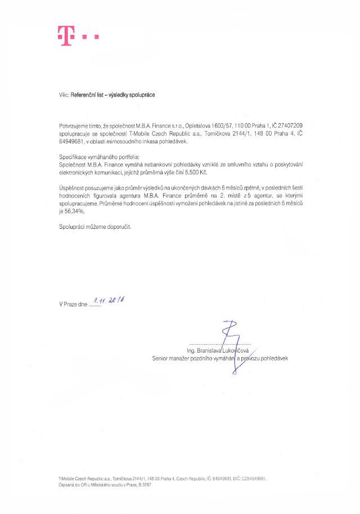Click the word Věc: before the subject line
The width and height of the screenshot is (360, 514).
pos(64,95)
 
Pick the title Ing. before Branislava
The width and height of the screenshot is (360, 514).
pos(192,350)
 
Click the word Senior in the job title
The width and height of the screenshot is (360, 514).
pos(161,358)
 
